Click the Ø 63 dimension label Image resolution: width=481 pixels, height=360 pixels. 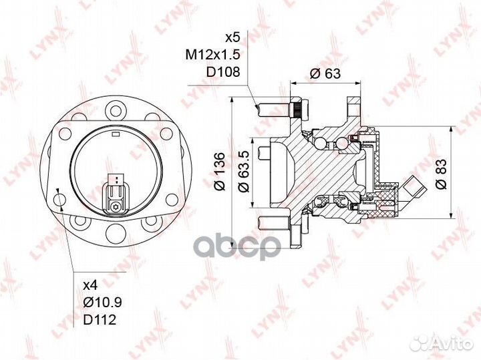coord(325,73)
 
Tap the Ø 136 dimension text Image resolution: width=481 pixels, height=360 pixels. coord(220,172)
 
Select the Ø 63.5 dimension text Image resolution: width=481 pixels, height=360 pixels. coord(245,172)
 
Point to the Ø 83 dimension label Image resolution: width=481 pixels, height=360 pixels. coord(442,174)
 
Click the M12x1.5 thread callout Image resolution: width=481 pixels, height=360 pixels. coord(212,55)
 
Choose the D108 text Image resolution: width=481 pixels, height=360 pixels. coord(222,72)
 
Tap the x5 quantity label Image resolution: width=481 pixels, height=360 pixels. coord(232,37)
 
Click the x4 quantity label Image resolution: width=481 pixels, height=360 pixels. coord(90,286)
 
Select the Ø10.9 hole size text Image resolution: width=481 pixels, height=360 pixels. coord(103,303)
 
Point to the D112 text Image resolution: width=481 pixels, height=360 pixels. coord(100,320)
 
